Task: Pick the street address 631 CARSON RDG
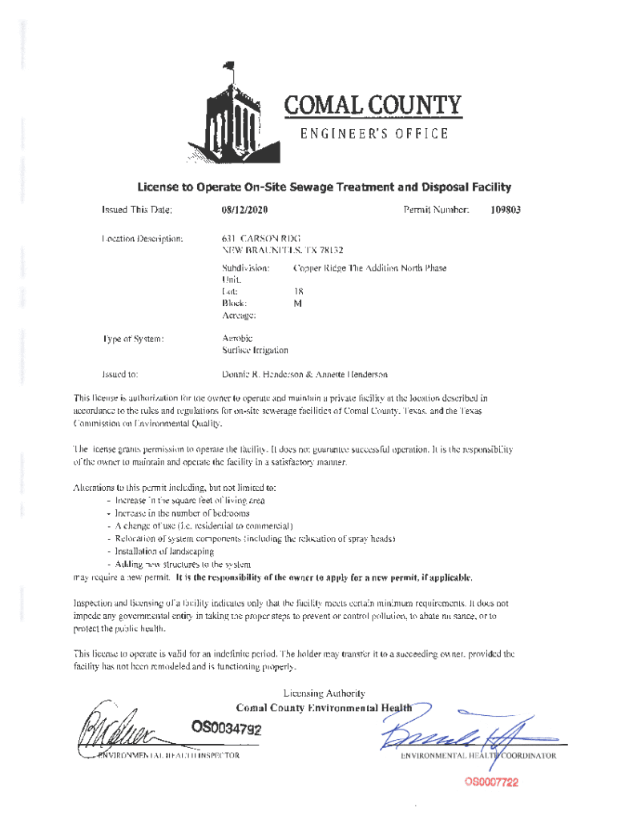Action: [x=260, y=238]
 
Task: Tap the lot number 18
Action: [x=298, y=292]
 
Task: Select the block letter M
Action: [x=297, y=303]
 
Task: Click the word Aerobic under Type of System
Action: [x=238, y=338]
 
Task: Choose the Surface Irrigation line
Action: [x=255, y=350]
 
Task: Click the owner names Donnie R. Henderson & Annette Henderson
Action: [x=304, y=373]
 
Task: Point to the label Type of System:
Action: [x=134, y=339]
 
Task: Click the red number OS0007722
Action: [x=489, y=782]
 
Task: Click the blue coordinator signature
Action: [x=453, y=729]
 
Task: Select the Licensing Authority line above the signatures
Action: [x=325, y=693]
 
